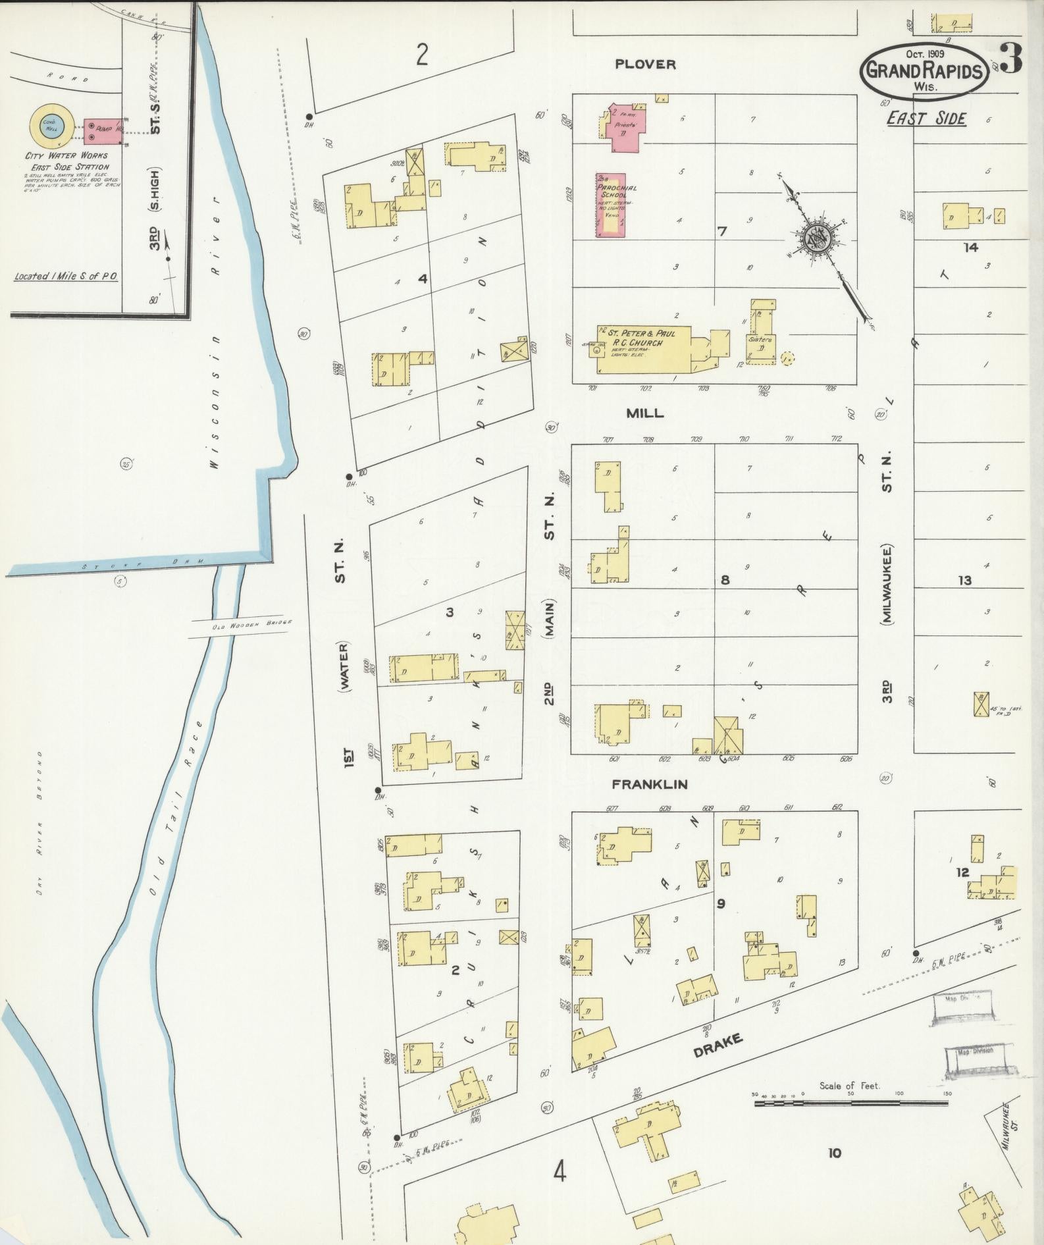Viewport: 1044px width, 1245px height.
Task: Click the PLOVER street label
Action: (645, 64)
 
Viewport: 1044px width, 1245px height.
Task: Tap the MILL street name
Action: (645, 413)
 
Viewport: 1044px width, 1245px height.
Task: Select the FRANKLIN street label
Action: (650, 784)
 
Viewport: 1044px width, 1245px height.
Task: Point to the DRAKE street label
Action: (718, 1046)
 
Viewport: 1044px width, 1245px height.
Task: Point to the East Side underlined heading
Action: (926, 118)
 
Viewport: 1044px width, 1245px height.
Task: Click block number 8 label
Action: (725, 580)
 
